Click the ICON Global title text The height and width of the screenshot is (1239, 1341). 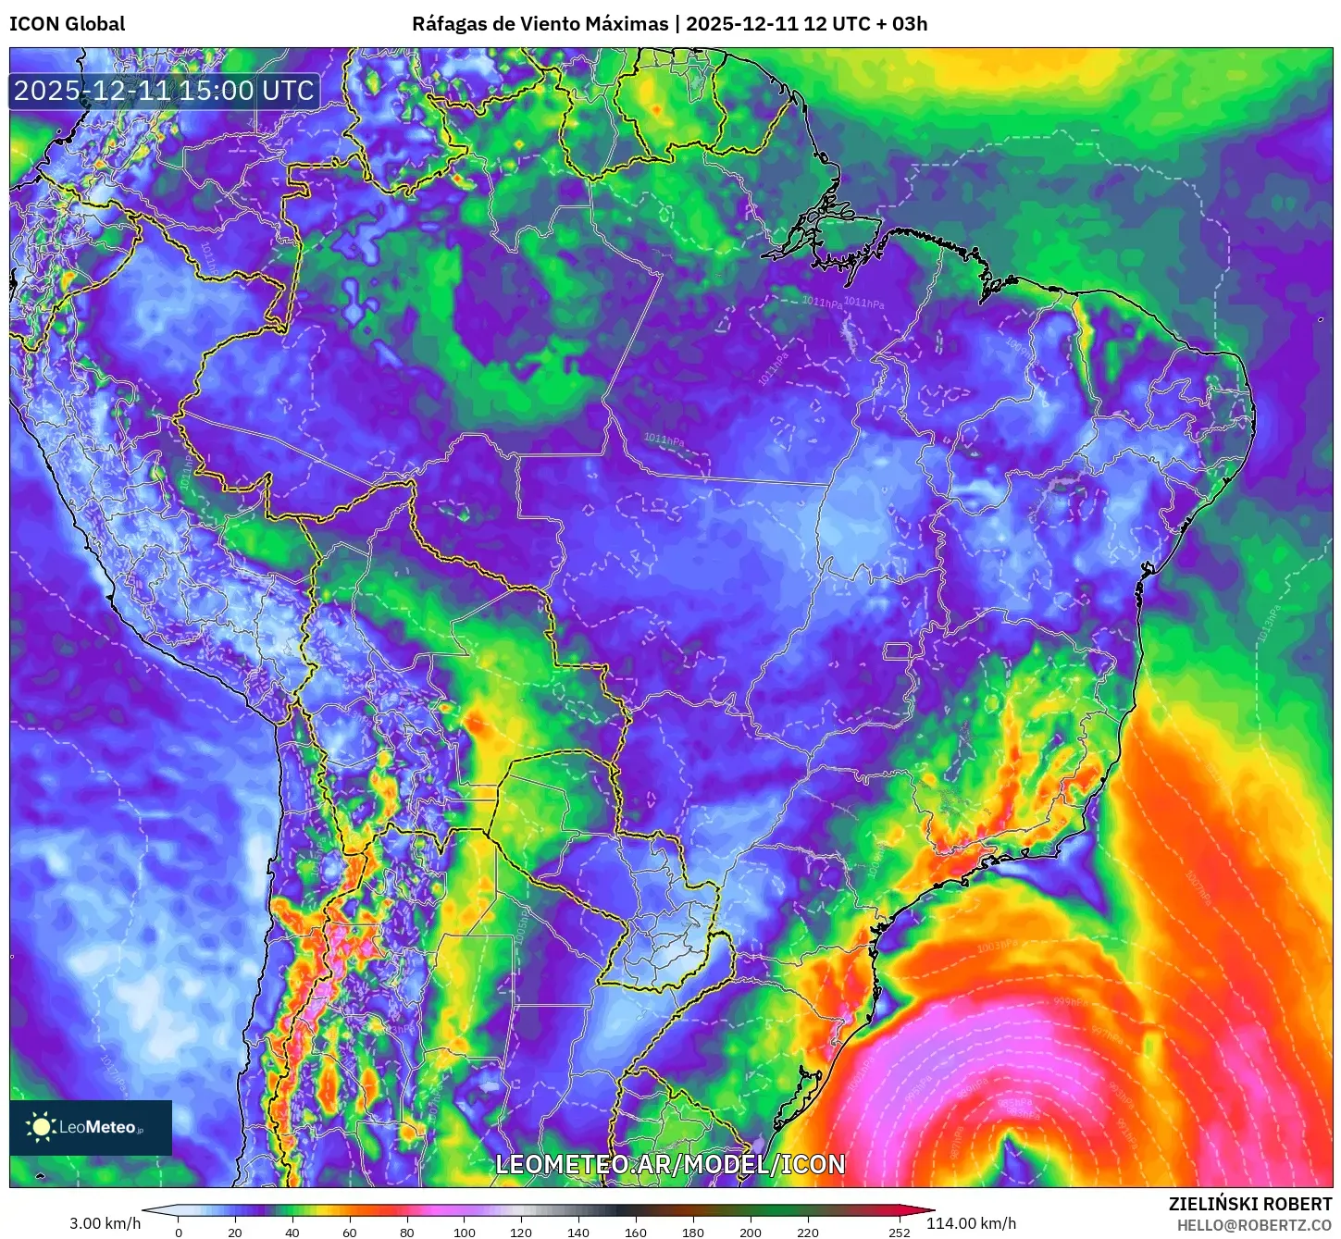(x=67, y=24)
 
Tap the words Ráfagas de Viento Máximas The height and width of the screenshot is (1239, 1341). (x=540, y=24)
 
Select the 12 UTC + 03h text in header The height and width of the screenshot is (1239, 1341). (x=865, y=24)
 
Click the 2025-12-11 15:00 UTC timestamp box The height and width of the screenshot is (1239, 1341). (x=164, y=91)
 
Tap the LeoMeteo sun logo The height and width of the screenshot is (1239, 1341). (x=41, y=1126)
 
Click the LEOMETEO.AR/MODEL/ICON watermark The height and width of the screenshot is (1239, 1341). (x=670, y=1164)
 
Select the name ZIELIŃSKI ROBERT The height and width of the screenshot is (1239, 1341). (x=1249, y=1204)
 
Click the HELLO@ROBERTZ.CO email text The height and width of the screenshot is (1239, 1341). (x=1254, y=1225)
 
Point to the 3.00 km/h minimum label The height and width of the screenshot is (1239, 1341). (x=105, y=1223)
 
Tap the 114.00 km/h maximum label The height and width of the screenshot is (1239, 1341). (x=971, y=1223)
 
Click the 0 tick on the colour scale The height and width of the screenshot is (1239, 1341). (x=179, y=1232)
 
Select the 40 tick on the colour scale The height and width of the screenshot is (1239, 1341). (x=292, y=1232)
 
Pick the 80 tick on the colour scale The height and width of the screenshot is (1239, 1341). (x=407, y=1232)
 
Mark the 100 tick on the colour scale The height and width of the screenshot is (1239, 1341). (x=465, y=1232)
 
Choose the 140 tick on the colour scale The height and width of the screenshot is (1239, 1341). (x=578, y=1232)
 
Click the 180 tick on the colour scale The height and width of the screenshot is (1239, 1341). (x=693, y=1232)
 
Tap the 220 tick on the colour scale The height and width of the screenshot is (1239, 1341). (x=808, y=1232)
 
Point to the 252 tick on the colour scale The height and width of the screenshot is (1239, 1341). (x=899, y=1232)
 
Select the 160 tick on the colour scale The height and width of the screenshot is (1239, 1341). (x=636, y=1232)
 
